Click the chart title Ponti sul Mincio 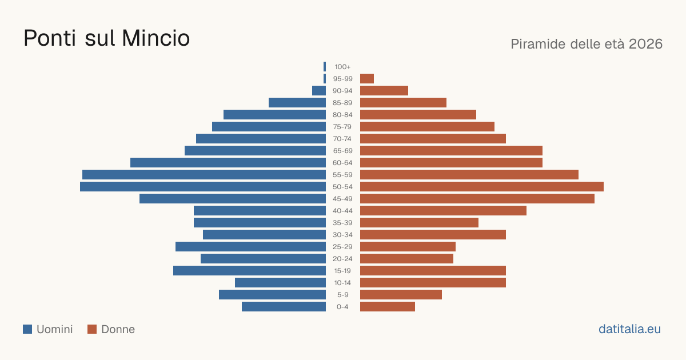(106, 38)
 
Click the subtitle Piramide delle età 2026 (587, 44)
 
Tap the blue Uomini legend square (27, 329)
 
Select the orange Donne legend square (92, 329)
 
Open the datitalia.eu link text (629, 329)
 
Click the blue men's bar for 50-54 (203, 187)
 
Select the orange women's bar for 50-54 (482, 187)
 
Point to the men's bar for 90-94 (319, 91)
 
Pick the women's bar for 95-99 (367, 79)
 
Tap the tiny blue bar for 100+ (325, 67)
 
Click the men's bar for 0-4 (284, 307)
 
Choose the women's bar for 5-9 (401, 295)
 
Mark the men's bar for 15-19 (250, 271)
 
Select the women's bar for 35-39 (419, 222)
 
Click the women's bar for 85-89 (404, 102)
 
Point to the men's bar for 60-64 (228, 162)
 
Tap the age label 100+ (342, 67)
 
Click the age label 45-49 (342, 199)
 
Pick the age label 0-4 (342, 307)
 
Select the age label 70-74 (342, 139)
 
